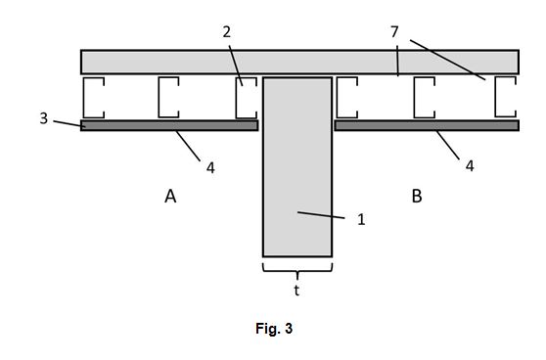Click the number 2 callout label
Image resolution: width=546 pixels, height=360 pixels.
tap(227, 32)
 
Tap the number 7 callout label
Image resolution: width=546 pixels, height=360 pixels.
tap(394, 32)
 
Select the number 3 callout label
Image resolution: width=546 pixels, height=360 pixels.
tap(43, 118)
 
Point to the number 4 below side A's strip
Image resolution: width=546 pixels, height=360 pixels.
tap(210, 168)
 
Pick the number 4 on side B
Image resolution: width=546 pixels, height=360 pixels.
tap(470, 166)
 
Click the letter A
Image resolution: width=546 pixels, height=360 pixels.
tap(170, 196)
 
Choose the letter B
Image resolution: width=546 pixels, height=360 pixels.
tap(417, 196)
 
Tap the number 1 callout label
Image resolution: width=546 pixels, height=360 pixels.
tap(361, 220)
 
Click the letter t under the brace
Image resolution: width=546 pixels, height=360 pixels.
tap(296, 290)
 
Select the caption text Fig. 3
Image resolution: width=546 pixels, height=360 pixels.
tap(274, 329)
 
